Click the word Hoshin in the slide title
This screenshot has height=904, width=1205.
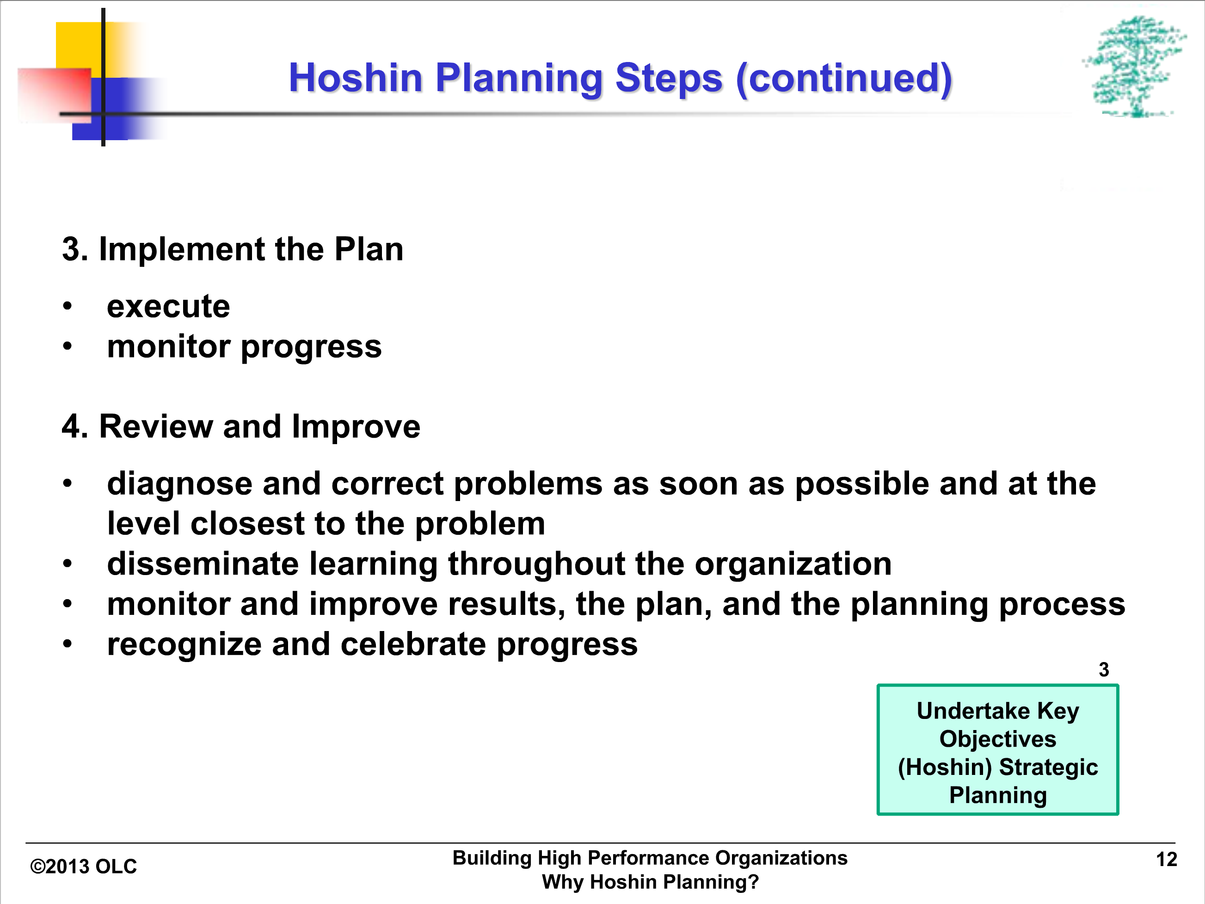356,77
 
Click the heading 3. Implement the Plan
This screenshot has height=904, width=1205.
233,249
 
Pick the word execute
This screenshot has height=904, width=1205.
168,306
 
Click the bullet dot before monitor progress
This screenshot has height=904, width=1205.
67,346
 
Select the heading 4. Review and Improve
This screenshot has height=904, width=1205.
241,426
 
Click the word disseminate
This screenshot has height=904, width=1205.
203,563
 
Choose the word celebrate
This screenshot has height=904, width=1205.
413,644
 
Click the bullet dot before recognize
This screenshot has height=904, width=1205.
67,644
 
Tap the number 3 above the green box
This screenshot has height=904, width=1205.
1104,669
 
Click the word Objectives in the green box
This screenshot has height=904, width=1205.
998,739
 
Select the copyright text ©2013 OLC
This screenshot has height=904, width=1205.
83,867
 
